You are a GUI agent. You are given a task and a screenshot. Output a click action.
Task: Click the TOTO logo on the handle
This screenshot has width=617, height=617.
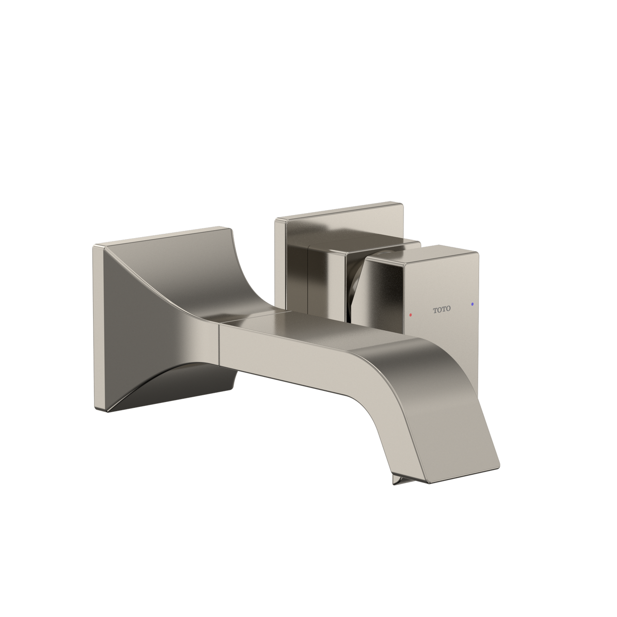pos(442,309)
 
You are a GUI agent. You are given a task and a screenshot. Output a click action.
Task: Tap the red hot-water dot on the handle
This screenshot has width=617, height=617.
pos(410,315)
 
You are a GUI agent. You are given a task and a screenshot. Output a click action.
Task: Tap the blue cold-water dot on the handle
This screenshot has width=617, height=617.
pos(472,305)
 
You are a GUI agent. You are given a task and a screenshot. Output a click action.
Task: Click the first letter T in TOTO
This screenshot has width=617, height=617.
pos(435,309)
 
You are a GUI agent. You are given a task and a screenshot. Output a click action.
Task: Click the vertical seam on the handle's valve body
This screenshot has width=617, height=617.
pos(307,284)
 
